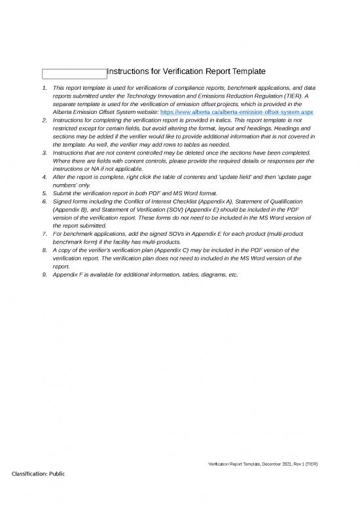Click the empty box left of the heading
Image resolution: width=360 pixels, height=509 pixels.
click(74, 73)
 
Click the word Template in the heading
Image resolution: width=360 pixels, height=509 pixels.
click(241, 71)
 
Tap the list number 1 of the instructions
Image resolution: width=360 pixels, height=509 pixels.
click(44, 87)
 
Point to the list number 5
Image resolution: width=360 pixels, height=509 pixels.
click(44, 193)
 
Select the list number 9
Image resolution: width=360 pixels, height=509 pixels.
click(44, 274)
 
